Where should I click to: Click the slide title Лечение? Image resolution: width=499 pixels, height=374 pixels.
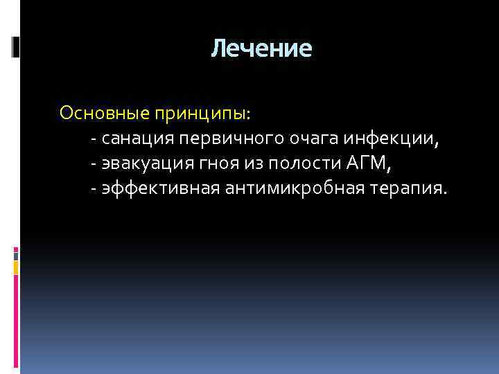[262, 48]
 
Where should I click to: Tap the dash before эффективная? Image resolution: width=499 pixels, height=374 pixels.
[93, 188]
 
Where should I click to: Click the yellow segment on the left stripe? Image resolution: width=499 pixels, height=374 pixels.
[16, 265]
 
